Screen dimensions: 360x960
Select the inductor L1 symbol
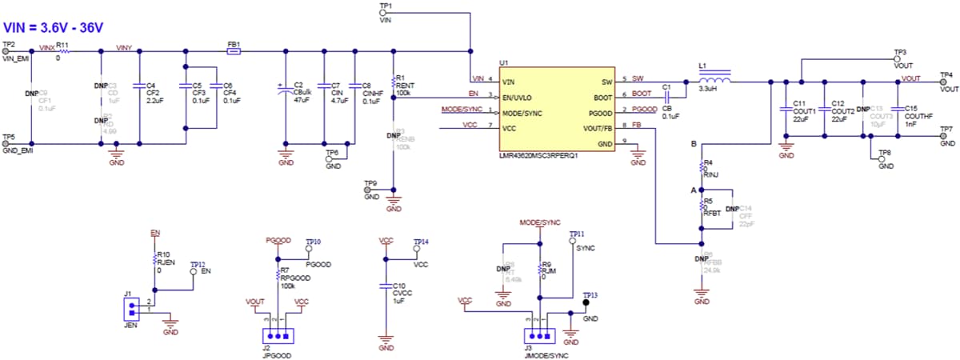click(x=714, y=81)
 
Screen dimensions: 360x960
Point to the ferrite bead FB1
click(x=234, y=52)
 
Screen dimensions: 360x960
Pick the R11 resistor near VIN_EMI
click(x=62, y=52)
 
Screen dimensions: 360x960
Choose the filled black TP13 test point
click(x=586, y=304)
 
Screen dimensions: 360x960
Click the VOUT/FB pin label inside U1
click(x=596, y=127)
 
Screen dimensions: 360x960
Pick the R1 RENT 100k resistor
click(x=394, y=81)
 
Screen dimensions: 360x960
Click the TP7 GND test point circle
click(x=942, y=136)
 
